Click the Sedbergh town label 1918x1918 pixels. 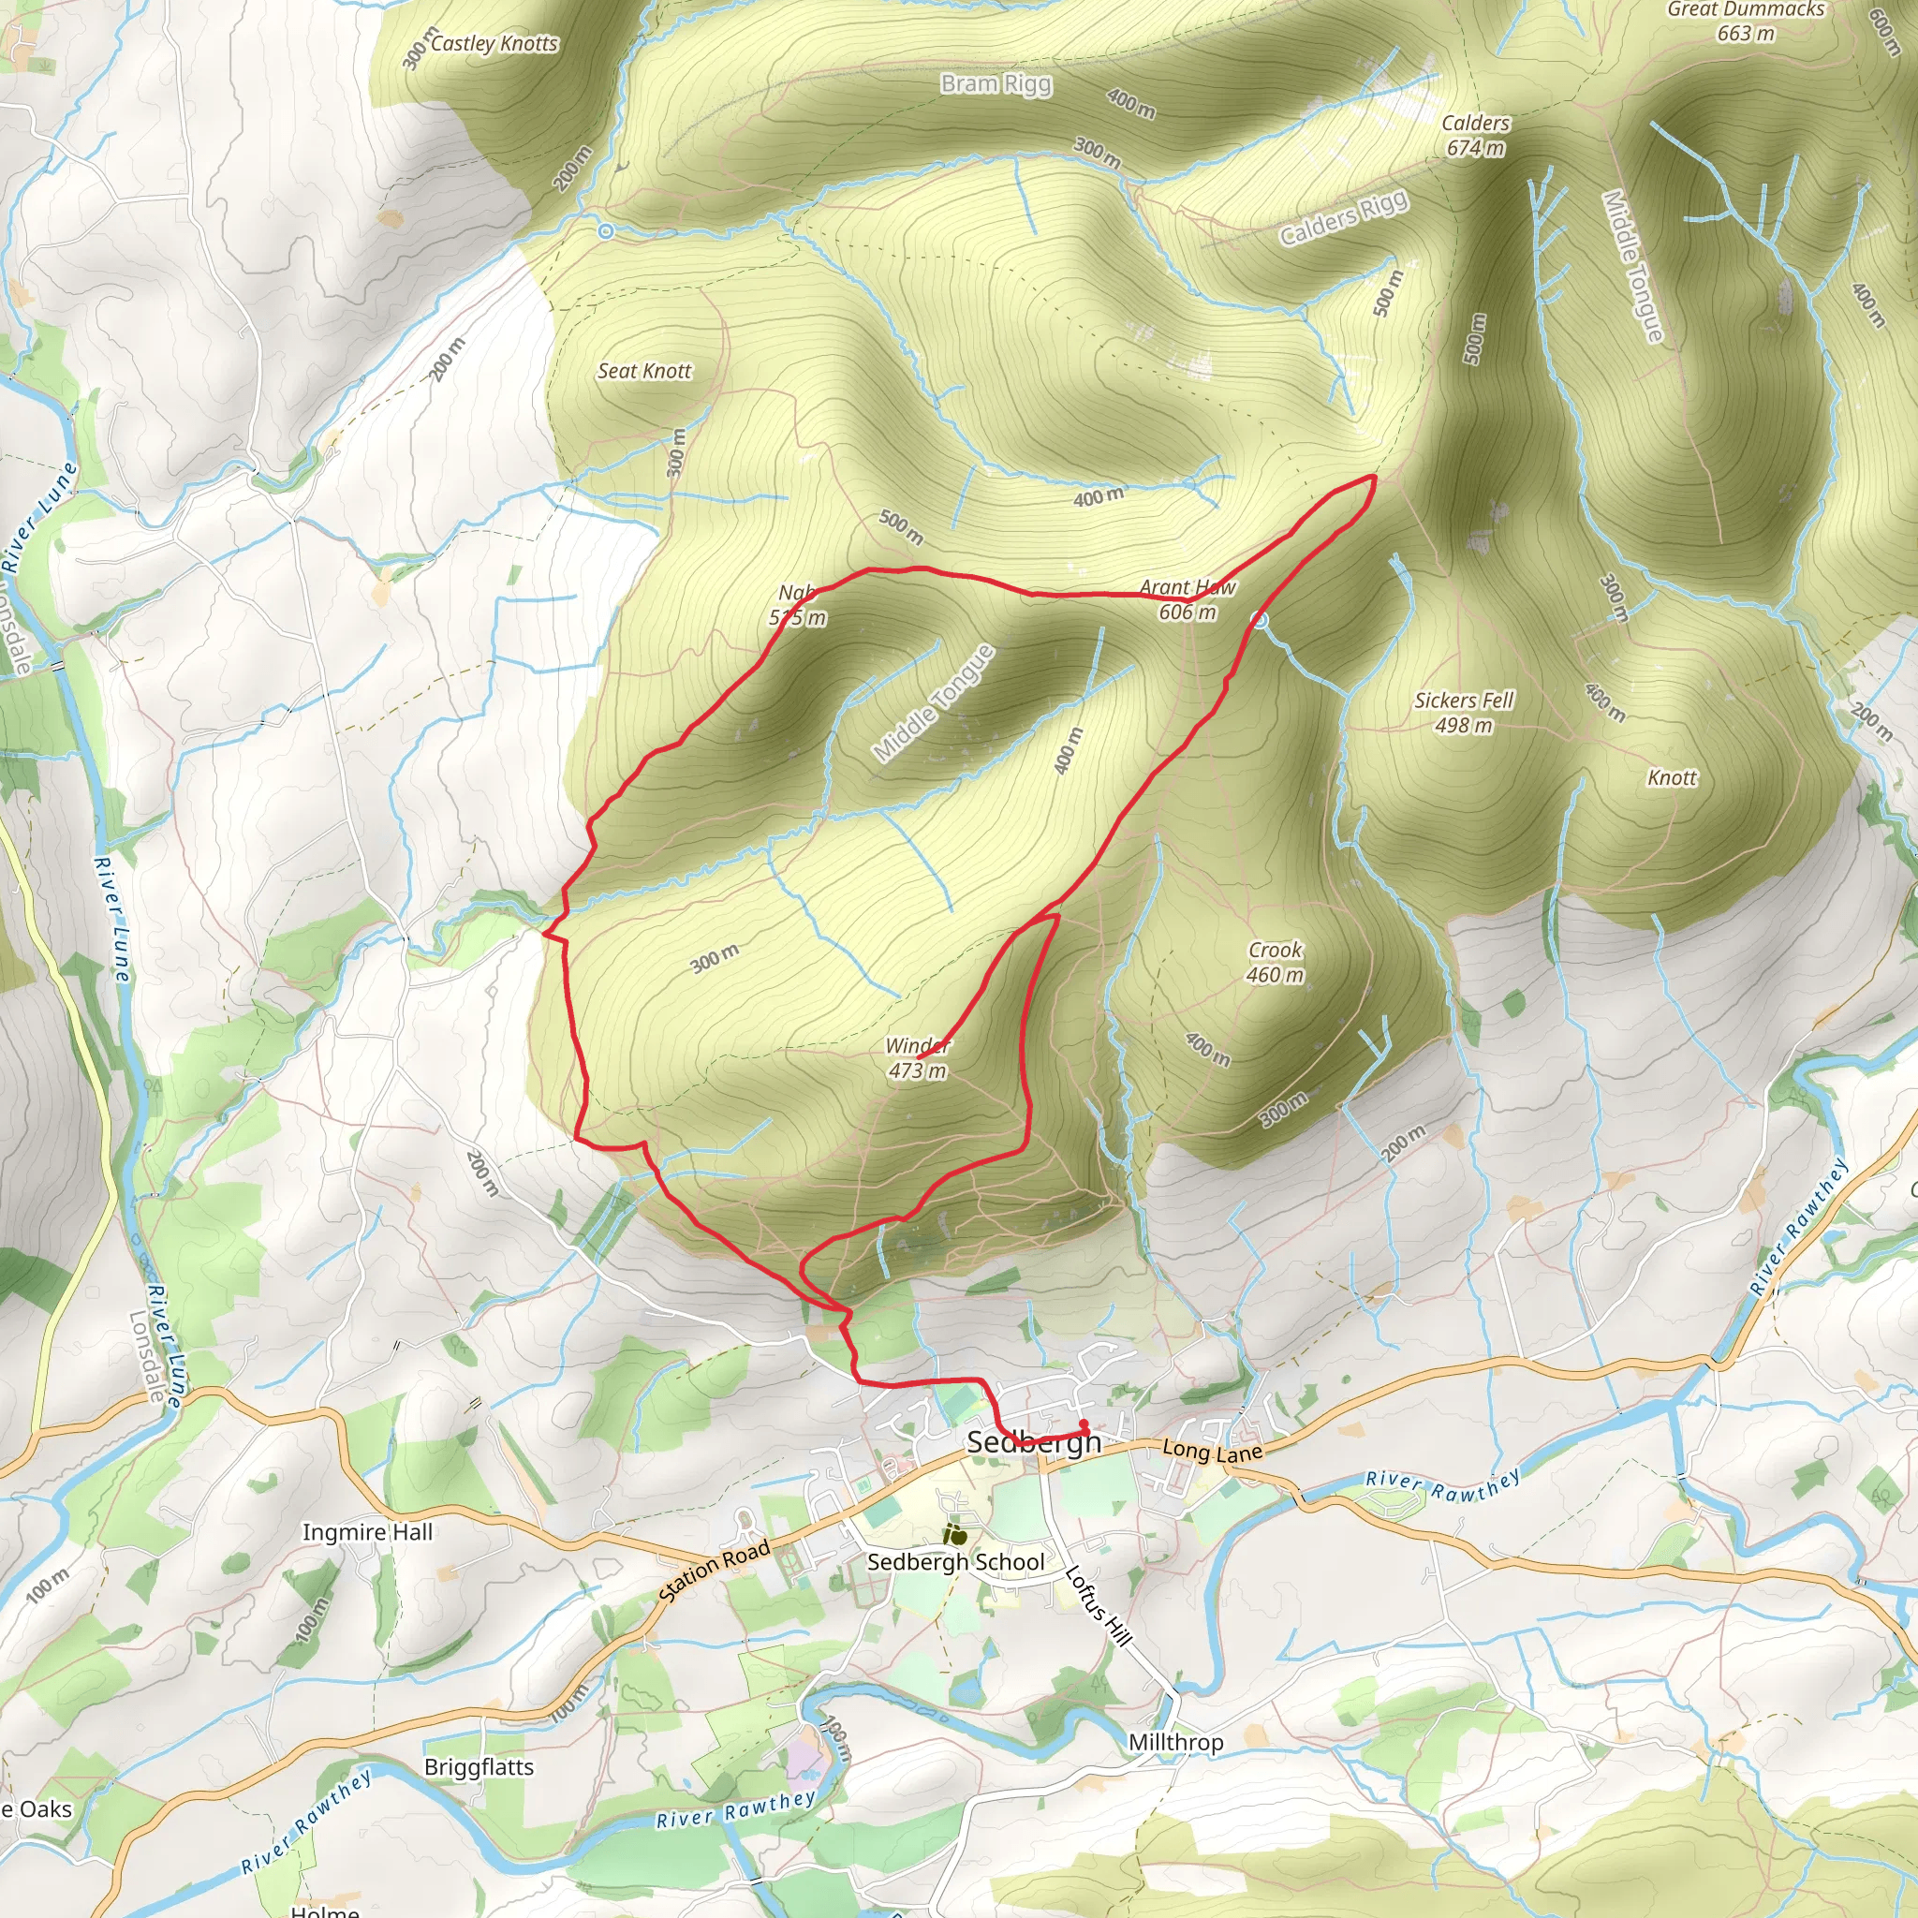coord(1034,1442)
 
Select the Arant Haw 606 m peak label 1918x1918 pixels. coord(1188,599)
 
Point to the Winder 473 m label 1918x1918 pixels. coord(917,1058)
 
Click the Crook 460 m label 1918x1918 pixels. coord(1275,962)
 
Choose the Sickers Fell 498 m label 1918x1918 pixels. coord(1464,712)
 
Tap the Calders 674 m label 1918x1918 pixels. coord(1475,135)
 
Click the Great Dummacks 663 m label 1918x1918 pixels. coord(1746,21)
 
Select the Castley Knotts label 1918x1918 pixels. coord(494,44)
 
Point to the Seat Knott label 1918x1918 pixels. coord(644,371)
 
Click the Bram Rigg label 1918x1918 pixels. coord(996,83)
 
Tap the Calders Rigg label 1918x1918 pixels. coord(1343,217)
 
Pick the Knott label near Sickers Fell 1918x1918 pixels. coord(1672,778)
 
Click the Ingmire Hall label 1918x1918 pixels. coord(367,1532)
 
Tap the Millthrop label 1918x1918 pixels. coord(1175,1741)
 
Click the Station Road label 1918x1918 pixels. coord(714,1571)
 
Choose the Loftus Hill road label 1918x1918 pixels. coord(1098,1605)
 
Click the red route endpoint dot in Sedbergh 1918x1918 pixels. coord(1084,1424)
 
